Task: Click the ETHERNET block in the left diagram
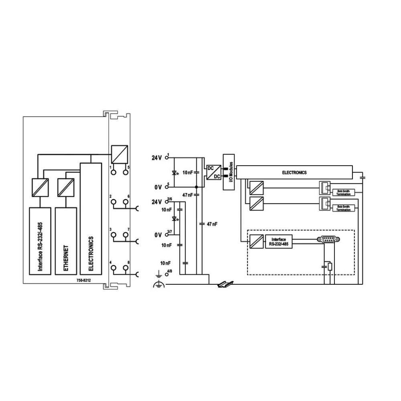point(65,241)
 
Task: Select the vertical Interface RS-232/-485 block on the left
point(40,241)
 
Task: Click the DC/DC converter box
point(211,172)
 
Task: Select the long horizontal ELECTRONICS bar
point(294,172)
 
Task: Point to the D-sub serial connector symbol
point(328,239)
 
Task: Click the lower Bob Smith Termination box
point(343,208)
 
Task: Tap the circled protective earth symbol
point(159,285)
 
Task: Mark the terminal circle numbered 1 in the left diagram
point(113,172)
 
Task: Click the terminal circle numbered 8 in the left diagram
point(126,268)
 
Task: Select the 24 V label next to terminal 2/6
point(156,201)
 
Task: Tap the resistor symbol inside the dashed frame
point(330,266)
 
